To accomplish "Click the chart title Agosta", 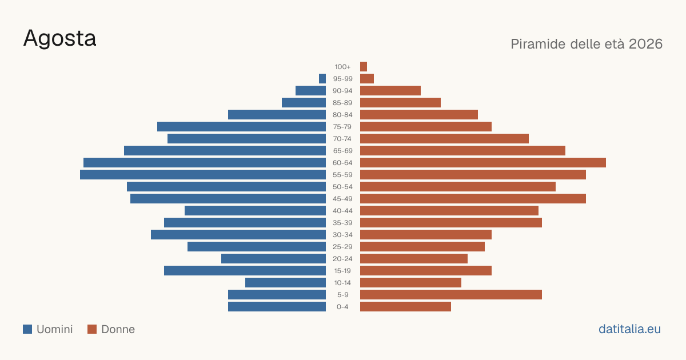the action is coord(59,39).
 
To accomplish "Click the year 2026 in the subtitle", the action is coord(645,44).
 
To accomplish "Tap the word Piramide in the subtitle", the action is coord(542,44).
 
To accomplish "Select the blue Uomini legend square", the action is coord(27,329).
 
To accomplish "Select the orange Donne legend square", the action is coord(92,329).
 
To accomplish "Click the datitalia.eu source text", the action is coord(629,329).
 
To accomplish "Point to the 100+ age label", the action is coord(342,67).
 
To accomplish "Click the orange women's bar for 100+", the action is coord(364,66).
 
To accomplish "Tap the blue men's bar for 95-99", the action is coord(322,79).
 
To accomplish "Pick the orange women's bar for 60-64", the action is coord(483,162).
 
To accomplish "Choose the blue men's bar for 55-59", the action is coord(203,174).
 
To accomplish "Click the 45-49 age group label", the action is coord(342,199).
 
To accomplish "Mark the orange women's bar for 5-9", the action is coord(451,294).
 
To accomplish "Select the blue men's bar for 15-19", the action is coord(245,271).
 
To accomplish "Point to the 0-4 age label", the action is coord(342,307).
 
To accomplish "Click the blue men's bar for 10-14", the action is coord(285,282).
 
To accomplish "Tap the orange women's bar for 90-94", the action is coord(390,91).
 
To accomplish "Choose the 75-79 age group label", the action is coord(342,127).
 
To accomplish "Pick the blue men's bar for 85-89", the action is coord(304,102).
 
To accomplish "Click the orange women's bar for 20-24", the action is coord(414,259).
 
